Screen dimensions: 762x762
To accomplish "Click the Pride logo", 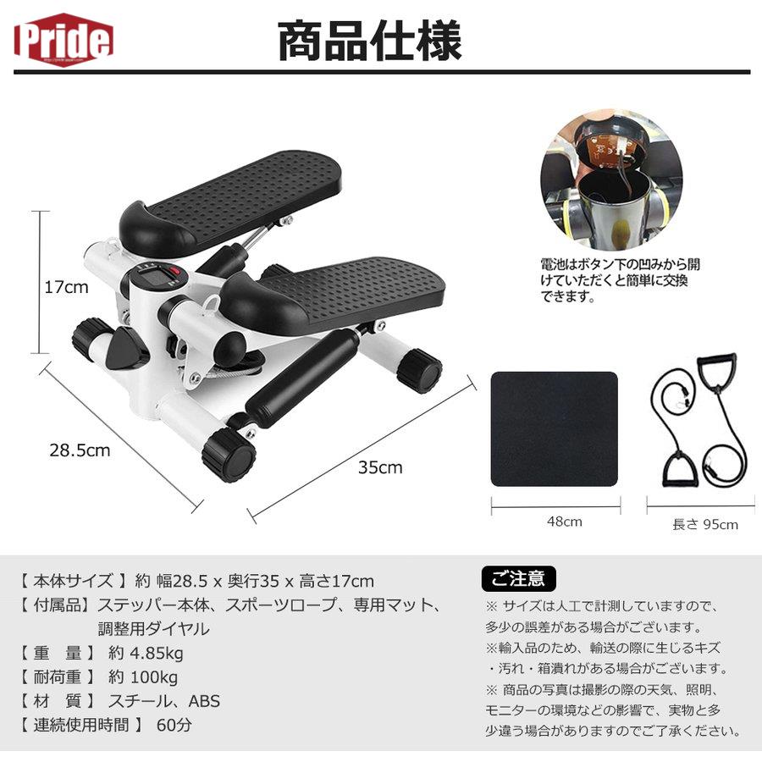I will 63,37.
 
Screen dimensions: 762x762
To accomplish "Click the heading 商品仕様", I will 370,41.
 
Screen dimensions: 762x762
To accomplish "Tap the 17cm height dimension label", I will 66,287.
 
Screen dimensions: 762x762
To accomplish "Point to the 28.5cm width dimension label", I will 79,450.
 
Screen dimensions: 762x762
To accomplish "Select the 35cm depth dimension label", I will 380,467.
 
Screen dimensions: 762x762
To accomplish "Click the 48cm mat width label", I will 565,522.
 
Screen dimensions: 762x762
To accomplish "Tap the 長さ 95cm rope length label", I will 704,524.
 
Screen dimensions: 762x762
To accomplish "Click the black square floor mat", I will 555,428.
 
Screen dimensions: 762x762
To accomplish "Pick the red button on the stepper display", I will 176,273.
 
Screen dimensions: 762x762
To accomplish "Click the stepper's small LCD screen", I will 153,279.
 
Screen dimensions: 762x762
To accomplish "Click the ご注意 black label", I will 519,579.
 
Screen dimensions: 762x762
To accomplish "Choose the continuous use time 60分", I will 174,725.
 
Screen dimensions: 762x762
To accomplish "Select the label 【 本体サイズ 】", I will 73,581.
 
